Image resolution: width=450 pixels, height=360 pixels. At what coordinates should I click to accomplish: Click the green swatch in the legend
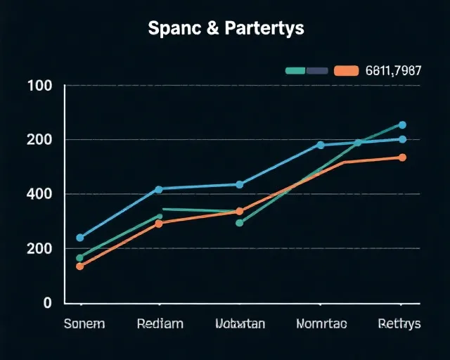click(x=295, y=70)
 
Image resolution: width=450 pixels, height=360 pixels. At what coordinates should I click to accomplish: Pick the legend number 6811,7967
click(x=394, y=70)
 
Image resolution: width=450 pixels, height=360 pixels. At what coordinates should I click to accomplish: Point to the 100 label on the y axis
click(x=39, y=86)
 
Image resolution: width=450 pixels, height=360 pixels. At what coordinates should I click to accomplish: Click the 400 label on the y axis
click(x=39, y=193)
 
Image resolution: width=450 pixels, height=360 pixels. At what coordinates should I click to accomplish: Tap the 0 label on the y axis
click(x=48, y=303)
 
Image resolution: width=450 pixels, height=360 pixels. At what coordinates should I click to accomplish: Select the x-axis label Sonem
click(x=84, y=324)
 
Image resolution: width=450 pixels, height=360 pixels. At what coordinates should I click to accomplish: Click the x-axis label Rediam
click(x=160, y=324)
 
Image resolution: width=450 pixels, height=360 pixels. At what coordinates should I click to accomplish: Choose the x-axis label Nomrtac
click(x=321, y=324)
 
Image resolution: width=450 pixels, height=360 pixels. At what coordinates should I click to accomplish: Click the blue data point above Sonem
click(x=79, y=238)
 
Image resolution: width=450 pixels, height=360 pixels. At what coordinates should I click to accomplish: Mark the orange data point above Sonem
click(x=79, y=266)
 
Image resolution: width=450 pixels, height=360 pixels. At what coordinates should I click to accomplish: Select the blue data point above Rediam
click(x=158, y=189)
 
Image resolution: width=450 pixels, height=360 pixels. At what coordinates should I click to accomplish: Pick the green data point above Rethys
click(x=402, y=125)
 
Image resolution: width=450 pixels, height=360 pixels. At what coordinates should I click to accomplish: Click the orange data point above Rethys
click(x=402, y=157)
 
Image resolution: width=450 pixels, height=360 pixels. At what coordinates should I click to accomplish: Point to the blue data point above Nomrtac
click(x=321, y=145)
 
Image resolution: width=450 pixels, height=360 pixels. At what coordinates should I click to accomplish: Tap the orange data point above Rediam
click(x=158, y=224)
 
